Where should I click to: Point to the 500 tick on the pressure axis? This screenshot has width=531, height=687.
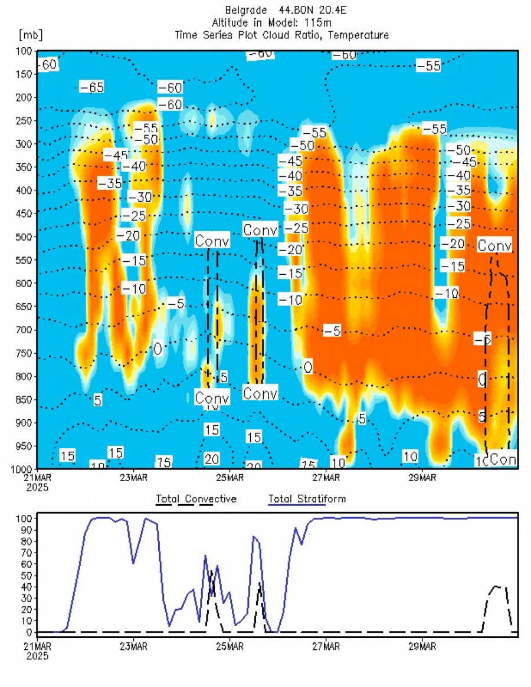[24, 237]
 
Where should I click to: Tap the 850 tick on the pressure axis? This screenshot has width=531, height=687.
[24, 400]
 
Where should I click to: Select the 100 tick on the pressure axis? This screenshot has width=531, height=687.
[24, 51]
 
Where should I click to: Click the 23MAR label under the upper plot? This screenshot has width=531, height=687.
[133, 477]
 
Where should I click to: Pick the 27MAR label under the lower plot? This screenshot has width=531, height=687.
[326, 645]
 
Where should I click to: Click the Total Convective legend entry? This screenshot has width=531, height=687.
[196, 499]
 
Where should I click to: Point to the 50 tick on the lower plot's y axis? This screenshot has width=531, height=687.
[25, 575]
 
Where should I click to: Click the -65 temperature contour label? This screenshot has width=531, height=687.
[91, 87]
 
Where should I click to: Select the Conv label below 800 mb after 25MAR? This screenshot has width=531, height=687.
[260, 393]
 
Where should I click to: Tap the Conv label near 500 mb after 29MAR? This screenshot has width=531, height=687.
[494, 245]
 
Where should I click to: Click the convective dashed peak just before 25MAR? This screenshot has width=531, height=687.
[211, 571]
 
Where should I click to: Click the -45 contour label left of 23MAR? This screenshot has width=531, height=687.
[116, 155]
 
